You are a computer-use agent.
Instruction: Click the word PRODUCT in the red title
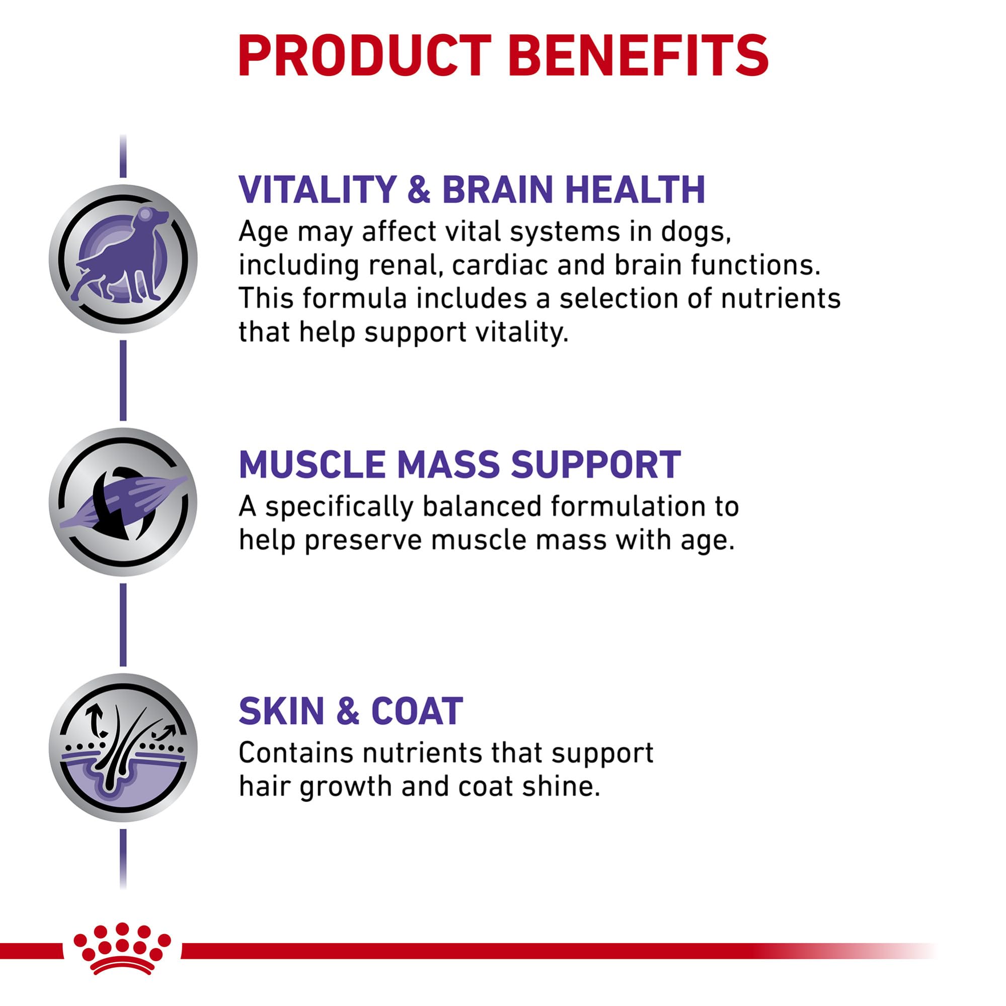[x=364, y=56]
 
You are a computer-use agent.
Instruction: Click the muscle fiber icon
[x=123, y=502]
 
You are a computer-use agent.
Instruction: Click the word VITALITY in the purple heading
[x=318, y=190]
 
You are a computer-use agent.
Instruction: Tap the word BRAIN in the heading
[x=497, y=190]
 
